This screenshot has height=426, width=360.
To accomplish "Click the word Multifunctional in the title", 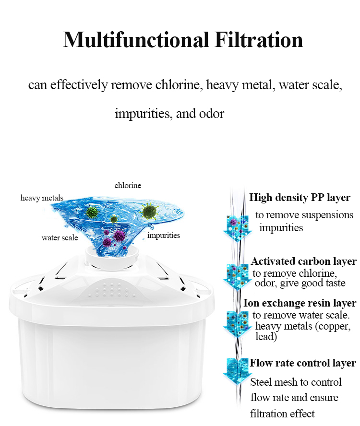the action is point(136,40).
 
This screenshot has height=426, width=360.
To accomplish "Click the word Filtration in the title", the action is point(259,40).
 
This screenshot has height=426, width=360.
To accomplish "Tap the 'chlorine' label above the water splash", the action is point(128,185).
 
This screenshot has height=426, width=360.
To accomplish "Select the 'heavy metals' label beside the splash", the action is point(42,198).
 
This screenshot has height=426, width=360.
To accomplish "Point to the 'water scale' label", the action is point(60,238).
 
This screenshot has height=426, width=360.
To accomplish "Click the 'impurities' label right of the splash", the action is point(164,235).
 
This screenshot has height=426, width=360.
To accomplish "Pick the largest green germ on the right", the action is point(149,212).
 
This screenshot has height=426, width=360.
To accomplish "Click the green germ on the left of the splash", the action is point(92,212).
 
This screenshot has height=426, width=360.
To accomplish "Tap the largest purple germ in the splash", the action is point(119,236).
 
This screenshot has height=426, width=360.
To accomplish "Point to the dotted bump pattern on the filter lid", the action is point(112,290).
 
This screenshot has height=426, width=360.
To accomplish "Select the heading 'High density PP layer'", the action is point(300,198).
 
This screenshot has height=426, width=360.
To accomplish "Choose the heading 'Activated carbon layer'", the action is point(303,261).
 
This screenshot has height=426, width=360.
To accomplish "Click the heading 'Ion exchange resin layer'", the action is point(300,303).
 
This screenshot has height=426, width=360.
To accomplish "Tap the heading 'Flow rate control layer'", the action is point(302,363).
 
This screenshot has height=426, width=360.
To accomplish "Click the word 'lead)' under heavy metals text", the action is point(266,337).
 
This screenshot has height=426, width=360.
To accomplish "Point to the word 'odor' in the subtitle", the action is point(212,114).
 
